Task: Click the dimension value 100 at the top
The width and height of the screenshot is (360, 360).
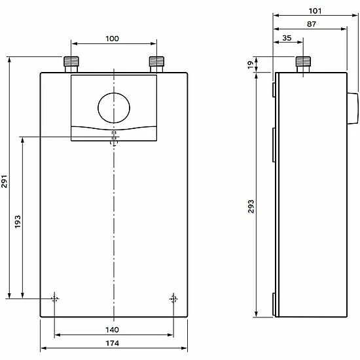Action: (112, 39)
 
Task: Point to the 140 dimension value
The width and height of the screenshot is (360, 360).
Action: (112, 329)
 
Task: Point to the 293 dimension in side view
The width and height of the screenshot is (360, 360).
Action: (251, 206)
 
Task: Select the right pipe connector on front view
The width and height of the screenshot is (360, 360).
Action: (156, 64)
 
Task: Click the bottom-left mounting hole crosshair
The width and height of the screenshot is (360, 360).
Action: (54, 299)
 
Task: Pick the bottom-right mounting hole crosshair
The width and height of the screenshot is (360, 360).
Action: (173, 299)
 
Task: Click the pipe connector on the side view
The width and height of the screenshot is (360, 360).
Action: (302, 64)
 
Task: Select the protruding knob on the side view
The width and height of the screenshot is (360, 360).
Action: (351, 108)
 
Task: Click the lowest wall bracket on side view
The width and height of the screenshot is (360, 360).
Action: (274, 304)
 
